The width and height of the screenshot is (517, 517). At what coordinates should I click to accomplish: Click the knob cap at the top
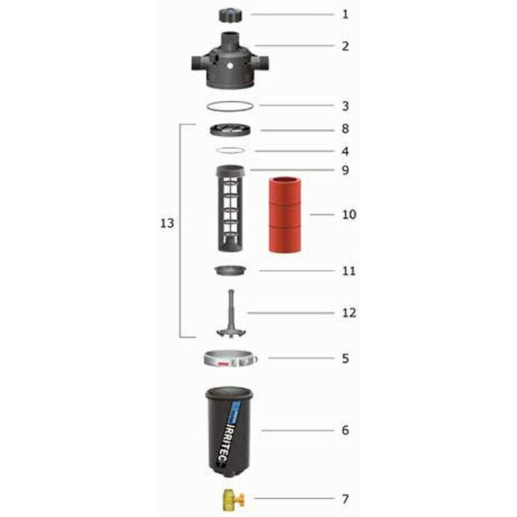[230, 15]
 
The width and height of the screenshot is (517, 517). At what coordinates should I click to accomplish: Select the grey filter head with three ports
[230, 60]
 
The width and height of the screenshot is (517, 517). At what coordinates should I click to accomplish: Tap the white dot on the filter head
[230, 66]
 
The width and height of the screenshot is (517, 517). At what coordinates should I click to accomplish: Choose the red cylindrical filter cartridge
[284, 215]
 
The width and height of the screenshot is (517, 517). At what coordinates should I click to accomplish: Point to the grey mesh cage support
[230, 208]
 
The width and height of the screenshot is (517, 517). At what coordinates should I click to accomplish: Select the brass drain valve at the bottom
[233, 500]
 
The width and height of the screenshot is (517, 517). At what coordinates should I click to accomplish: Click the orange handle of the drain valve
[240, 500]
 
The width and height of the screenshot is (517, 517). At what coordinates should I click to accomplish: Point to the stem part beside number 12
[231, 314]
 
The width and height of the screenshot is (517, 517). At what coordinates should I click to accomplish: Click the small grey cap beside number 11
[230, 270]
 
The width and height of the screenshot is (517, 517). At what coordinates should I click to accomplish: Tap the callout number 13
[167, 223]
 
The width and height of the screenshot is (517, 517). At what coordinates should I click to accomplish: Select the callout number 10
[349, 215]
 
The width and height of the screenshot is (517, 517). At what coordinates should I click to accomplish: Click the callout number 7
[345, 499]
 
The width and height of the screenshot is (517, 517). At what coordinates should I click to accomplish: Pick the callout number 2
[345, 46]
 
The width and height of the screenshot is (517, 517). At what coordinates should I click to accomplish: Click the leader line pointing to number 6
[297, 430]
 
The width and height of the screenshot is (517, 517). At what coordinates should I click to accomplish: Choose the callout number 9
[345, 170]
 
